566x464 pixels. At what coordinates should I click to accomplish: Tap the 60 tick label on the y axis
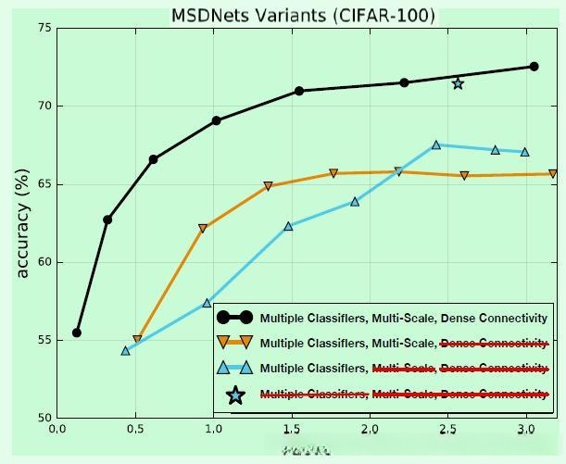[x=44, y=262]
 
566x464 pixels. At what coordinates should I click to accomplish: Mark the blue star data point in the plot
[x=458, y=84]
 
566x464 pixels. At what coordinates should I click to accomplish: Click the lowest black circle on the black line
[x=77, y=332]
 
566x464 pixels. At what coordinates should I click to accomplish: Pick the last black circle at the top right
[x=534, y=67]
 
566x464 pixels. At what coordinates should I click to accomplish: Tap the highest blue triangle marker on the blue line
[x=436, y=144]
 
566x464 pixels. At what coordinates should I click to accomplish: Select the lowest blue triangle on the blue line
[x=126, y=350]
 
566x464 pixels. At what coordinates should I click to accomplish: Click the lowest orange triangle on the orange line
[x=137, y=340]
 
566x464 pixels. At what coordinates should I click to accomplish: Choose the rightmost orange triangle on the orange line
[x=553, y=173]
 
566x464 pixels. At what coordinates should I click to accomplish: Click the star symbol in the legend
[x=235, y=395]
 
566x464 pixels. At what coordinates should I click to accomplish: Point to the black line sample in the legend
[x=235, y=318]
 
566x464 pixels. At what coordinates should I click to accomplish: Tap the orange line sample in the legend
[x=235, y=343]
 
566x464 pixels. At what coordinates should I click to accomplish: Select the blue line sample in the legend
[x=235, y=369]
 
